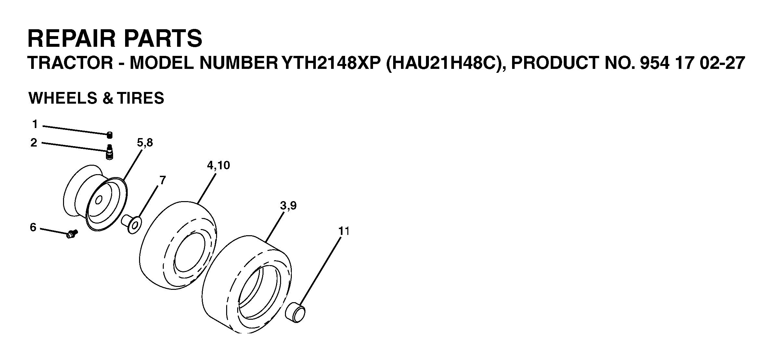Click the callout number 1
click(x=35, y=124)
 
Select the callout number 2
click(x=34, y=143)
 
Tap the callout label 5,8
click(x=145, y=143)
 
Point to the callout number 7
click(x=162, y=180)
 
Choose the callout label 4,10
click(x=218, y=166)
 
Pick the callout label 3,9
click(x=288, y=206)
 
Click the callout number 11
click(x=344, y=231)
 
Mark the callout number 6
click(x=33, y=227)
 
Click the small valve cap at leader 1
click(x=110, y=135)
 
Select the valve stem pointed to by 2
click(x=110, y=152)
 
